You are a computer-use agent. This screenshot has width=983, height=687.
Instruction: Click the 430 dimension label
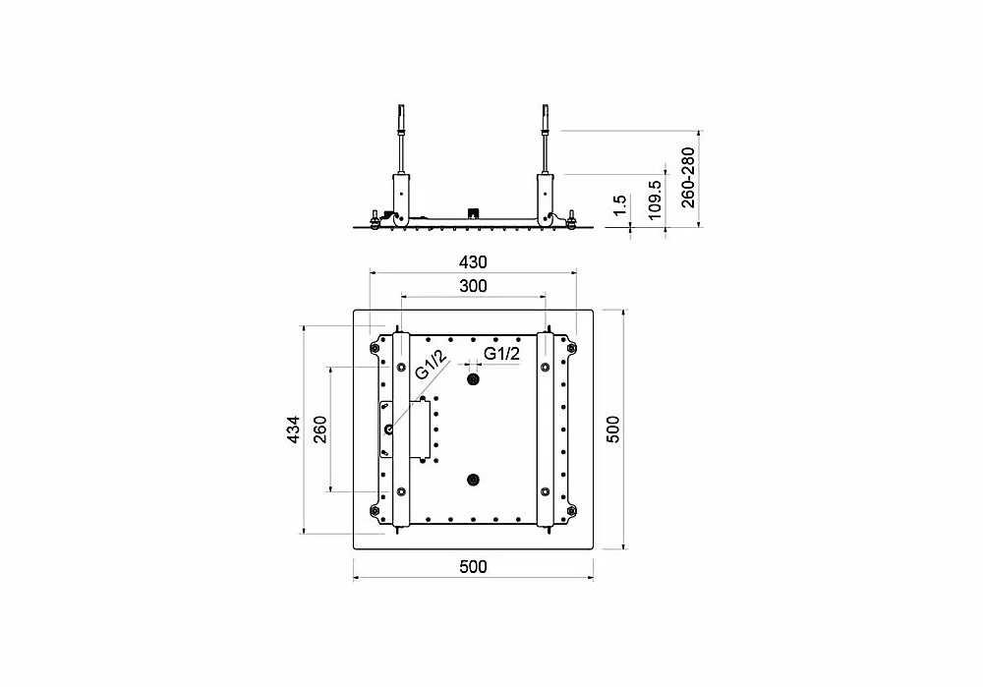pos(473,262)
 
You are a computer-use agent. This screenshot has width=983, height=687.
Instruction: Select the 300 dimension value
pos(473,286)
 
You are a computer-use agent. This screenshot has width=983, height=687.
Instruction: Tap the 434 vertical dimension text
pos(293,430)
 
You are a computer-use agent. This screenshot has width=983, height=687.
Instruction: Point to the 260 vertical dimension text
pos(319,429)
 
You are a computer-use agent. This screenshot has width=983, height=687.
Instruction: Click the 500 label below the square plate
pos(473,567)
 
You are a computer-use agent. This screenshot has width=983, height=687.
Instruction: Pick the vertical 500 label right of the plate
pos(612,429)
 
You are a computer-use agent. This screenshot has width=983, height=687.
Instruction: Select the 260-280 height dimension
pos(688,177)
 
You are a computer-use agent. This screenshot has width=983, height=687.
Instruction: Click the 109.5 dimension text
pos(654,200)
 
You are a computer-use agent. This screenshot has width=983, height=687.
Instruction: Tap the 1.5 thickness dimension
pos(619,205)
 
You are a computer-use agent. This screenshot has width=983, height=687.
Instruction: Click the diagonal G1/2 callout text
pos(431,365)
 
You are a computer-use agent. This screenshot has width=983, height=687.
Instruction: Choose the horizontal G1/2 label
pos(501,354)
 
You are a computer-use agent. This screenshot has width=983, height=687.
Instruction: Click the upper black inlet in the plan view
pos(474,379)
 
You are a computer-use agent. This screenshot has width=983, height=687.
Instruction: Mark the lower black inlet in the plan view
pos(474,481)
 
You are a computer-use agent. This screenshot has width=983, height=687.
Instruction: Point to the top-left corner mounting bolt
pos(375,348)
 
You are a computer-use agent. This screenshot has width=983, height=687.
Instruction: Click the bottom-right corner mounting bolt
pos(571,510)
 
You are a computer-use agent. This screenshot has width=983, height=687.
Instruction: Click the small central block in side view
pos(473,213)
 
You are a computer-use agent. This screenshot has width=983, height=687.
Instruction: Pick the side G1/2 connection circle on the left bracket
pos(388,430)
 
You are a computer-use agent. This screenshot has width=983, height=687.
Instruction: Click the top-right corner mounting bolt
pos(571,348)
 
